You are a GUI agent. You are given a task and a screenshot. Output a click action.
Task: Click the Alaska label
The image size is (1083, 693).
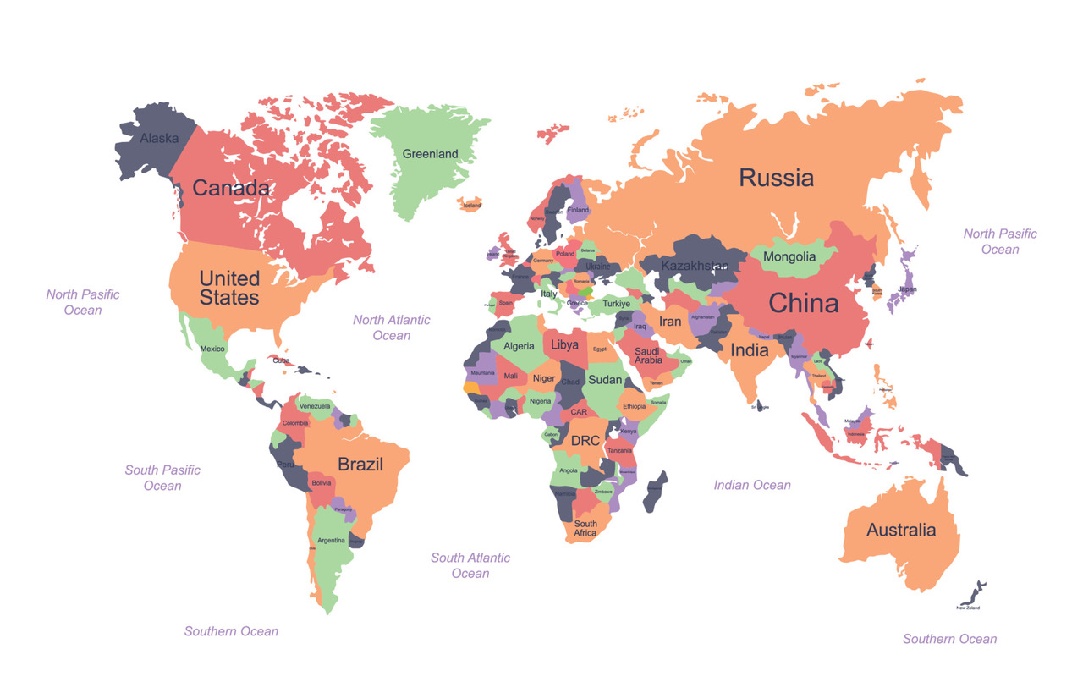pos(159,138)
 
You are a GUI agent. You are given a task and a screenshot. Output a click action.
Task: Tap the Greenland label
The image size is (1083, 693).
pos(430,154)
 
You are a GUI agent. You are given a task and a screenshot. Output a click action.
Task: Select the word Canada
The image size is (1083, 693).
pos(230,188)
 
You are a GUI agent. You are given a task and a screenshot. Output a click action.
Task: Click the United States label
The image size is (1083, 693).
pos(229,288)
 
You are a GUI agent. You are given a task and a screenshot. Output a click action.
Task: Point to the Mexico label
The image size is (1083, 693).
pos(212,349)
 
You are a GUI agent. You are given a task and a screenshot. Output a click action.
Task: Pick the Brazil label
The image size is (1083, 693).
pos(360,464)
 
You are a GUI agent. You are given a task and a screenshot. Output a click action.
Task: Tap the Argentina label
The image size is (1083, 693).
pos(331,540)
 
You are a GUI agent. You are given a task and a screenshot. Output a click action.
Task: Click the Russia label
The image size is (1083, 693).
pos(776,178)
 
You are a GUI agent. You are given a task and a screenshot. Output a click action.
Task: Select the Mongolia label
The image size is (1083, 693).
pos(789,256)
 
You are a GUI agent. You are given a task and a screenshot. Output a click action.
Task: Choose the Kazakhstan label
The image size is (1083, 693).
pos(694,266)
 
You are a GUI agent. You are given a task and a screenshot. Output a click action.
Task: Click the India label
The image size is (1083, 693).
pos(750,349)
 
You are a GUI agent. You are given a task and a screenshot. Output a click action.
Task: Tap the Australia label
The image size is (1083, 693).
pos(901,531)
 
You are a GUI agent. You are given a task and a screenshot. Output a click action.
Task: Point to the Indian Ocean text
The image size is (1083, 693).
pos(752,485)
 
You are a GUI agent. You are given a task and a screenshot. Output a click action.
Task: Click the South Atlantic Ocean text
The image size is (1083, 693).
pos(470,565)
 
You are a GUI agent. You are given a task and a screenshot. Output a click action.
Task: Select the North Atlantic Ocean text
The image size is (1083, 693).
pos(392,327)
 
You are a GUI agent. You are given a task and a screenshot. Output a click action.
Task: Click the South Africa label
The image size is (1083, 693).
pos(585,528)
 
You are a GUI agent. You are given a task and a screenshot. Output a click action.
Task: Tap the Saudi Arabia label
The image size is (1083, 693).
pos(648,355)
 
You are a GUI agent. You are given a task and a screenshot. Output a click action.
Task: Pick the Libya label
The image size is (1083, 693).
pos(565,345)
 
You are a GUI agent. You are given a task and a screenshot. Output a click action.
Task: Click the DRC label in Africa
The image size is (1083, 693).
pos(585,441)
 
